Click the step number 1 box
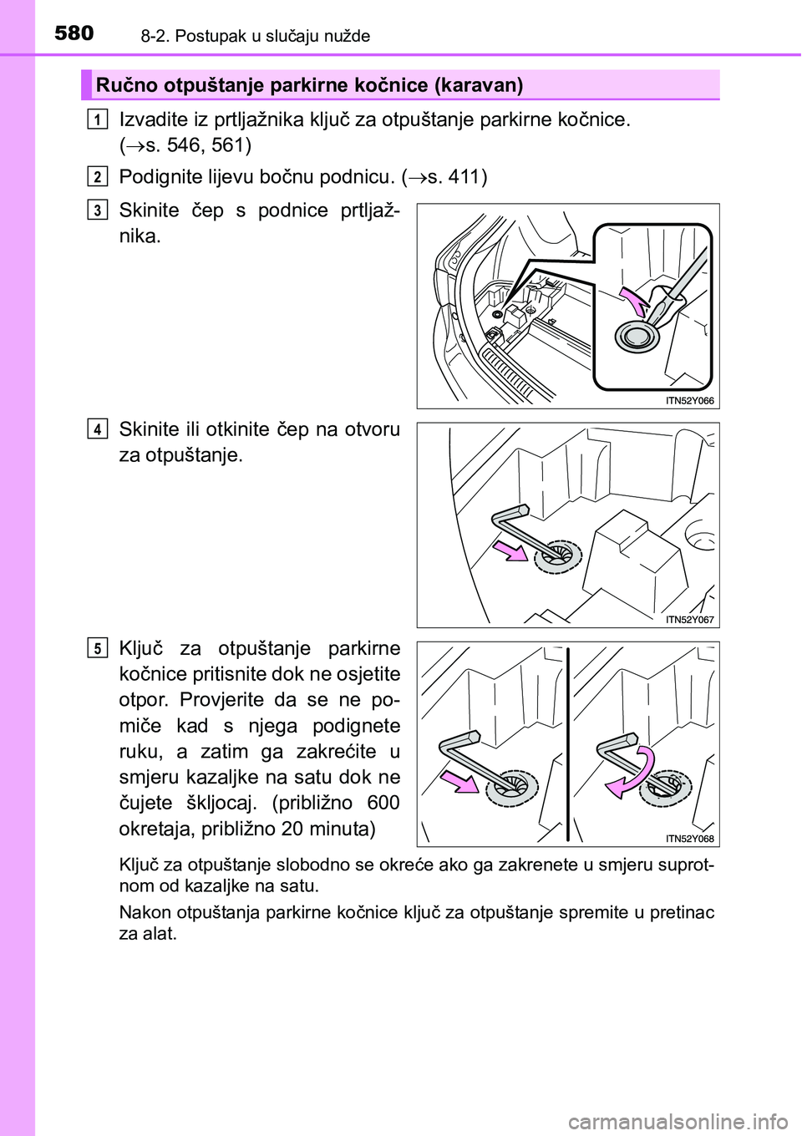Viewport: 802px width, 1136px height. click(x=98, y=119)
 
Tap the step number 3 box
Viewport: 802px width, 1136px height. click(x=98, y=210)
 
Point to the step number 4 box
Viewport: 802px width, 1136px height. click(x=98, y=429)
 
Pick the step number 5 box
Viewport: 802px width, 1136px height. click(x=98, y=648)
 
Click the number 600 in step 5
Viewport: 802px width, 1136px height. click(x=381, y=804)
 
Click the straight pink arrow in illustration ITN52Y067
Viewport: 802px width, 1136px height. click(x=512, y=550)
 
